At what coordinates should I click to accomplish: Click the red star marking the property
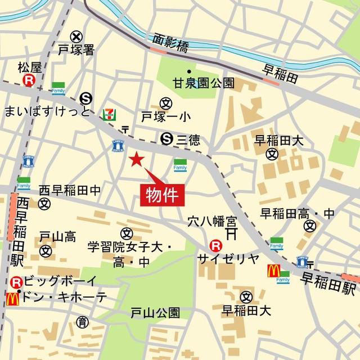coord(136,160)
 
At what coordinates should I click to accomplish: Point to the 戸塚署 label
coord(76,50)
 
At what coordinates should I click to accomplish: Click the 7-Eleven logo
coord(109,112)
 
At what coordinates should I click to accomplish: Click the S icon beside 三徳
coord(166,137)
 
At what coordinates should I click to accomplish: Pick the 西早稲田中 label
coord(70,191)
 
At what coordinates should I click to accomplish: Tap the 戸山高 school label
coord(57,237)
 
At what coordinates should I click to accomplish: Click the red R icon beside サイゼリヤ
coord(214,245)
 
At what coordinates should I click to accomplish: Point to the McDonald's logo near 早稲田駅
coord(273,271)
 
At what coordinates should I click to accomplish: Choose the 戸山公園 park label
coord(155,312)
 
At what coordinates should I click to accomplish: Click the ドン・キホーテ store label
coord(65,298)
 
